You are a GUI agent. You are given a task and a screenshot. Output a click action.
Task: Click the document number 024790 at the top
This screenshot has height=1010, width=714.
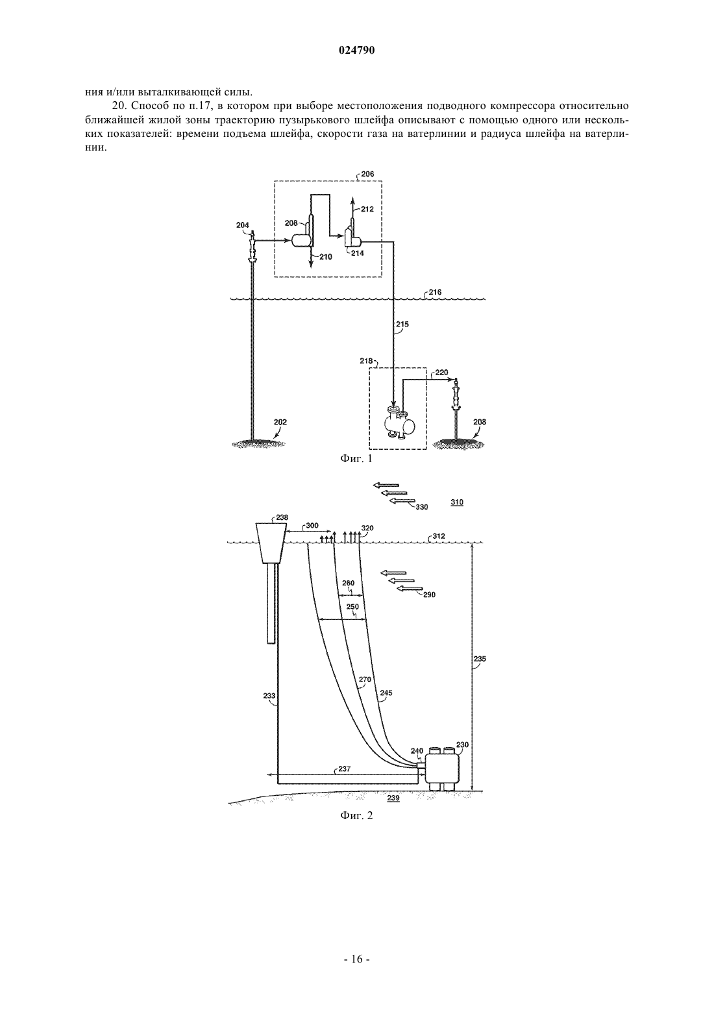tap(356, 51)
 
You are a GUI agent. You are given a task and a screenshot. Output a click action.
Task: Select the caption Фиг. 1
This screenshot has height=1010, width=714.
tap(356, 459)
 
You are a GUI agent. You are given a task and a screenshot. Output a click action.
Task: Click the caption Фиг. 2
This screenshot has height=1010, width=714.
tap(356, 815)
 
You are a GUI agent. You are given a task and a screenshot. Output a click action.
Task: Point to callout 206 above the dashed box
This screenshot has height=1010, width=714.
tap(367, 173)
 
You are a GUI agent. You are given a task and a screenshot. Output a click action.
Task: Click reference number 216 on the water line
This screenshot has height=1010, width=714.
tap(435, 292)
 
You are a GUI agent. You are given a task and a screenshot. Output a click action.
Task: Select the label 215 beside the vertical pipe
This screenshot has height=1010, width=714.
tap(402, 324)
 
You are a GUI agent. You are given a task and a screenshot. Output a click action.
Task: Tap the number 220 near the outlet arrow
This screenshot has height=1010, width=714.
tap(442, 373)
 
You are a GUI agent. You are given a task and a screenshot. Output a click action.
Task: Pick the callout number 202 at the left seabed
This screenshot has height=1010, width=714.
tap(280, 422)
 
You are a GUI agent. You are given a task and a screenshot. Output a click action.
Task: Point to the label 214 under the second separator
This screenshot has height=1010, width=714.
tap(358, 253)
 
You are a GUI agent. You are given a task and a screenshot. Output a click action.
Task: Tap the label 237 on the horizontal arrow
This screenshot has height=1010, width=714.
tap(345, 769)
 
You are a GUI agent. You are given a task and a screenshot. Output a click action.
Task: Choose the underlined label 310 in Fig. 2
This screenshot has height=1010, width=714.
tap(456, 502)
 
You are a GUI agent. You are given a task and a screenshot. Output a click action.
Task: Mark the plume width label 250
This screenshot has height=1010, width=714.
tap(352, 606)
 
